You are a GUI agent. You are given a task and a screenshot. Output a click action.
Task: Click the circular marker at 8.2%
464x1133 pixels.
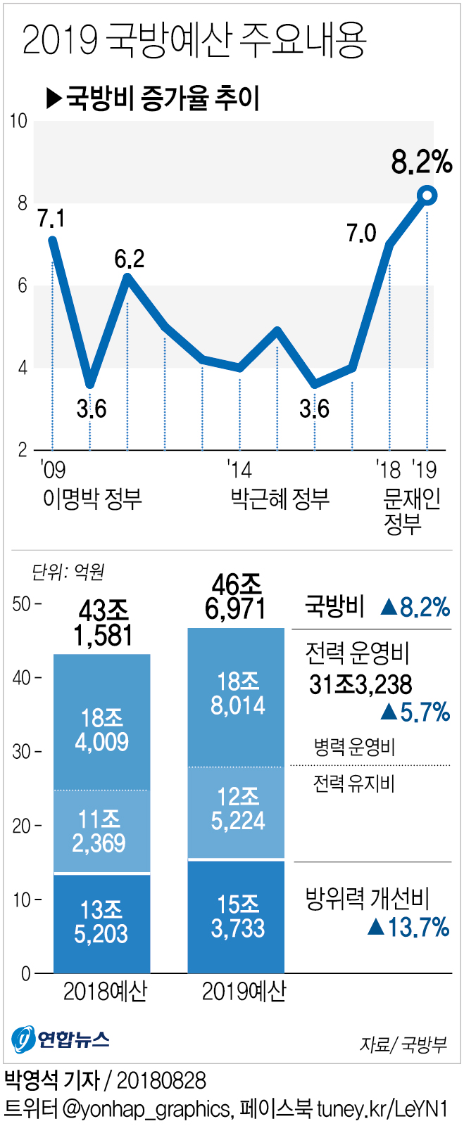427,196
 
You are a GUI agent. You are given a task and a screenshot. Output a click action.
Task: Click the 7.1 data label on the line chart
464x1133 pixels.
51,219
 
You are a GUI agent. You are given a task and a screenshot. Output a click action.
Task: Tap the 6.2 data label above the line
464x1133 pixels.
130,260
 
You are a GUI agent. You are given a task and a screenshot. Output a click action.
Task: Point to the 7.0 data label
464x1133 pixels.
361,233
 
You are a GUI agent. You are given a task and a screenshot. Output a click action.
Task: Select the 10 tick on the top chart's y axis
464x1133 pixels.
19,122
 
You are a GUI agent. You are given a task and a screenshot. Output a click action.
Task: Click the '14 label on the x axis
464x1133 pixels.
239,470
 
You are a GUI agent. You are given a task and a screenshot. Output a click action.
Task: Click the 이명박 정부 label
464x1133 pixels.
92,499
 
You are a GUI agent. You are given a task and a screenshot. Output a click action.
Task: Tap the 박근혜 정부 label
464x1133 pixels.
280,499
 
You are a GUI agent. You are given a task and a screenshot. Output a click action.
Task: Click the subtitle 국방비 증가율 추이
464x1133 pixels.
153,98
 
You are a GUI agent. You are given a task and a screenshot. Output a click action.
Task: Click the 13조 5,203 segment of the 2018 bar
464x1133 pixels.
102,922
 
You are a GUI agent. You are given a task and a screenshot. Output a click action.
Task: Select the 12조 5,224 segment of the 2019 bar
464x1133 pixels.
237,809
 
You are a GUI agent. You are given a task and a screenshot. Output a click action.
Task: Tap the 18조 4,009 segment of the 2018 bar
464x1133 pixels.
102,730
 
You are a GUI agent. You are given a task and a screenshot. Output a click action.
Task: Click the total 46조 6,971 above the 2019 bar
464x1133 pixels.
237,597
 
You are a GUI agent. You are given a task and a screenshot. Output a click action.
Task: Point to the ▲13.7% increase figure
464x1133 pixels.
408,927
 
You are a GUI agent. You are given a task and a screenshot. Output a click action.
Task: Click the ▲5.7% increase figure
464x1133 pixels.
415,712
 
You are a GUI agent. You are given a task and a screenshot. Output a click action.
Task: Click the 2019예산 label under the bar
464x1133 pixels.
244,992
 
